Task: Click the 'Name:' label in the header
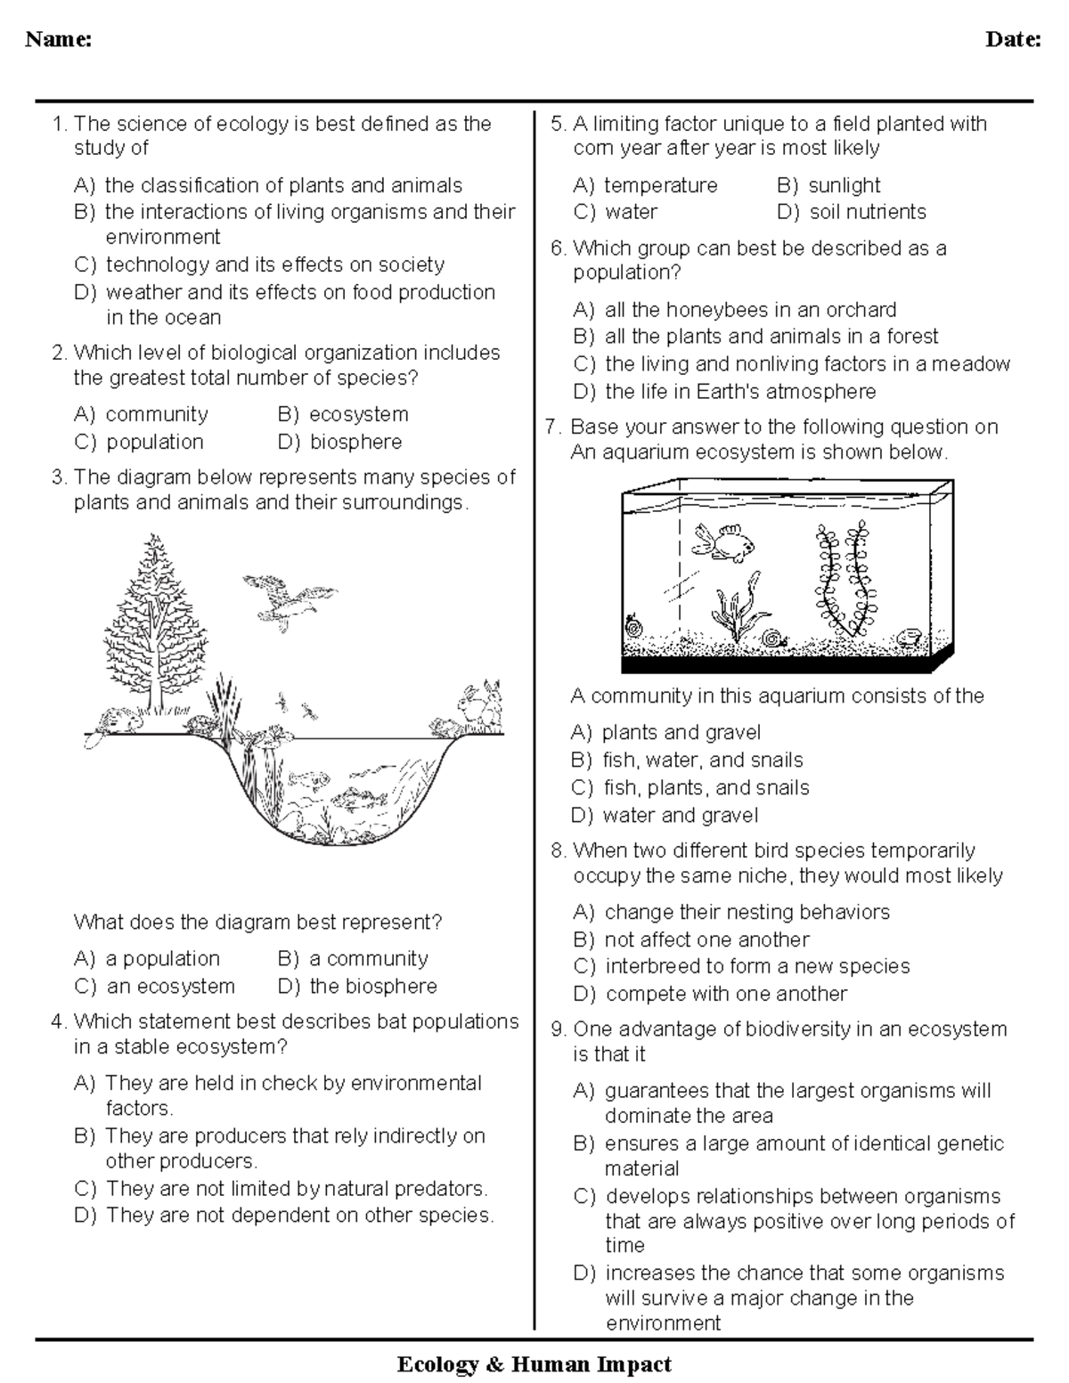tap(59, 39)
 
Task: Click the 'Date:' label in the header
tap(1013, 39)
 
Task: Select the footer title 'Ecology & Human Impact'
tap(534, 1363)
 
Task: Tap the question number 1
tap(59, 124)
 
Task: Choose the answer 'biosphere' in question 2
tap(355, 442)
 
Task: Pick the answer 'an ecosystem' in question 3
tap(170, 986)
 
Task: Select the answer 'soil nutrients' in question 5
tap(867, 212)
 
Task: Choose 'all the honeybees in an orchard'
tap(750, 310)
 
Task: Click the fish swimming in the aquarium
tap(726, 541)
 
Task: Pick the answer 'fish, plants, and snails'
tap(706, 787)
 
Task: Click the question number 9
tap(559, 1029)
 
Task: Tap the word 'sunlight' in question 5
tap(844, 185)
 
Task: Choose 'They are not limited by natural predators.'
tap(296, 1189)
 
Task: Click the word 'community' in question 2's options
tap(156, 414)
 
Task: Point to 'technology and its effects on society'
tap(274, 264)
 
